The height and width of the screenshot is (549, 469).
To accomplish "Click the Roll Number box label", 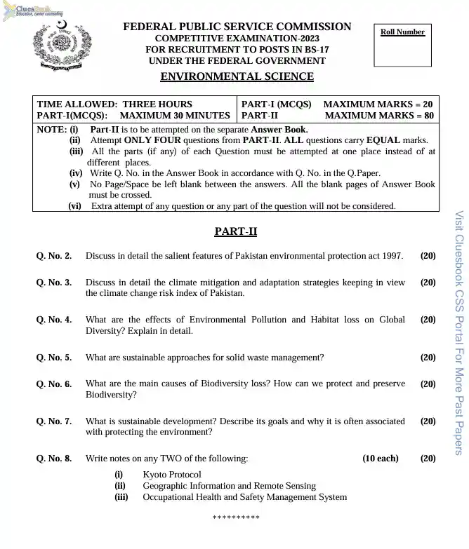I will click(x=402, y=32).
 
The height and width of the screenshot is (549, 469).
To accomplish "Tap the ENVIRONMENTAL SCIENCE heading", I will click(x=237, y=77).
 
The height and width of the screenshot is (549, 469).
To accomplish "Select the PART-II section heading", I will click(x=236, y=231).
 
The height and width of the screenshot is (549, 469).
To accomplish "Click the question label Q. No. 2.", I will click(x=53, y=256).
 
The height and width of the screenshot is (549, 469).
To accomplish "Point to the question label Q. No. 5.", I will click(x=53, y=358).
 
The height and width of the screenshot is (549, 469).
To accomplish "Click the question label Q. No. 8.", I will click(x=53, y=459).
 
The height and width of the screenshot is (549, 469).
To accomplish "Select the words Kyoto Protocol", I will click(x=171, y=475).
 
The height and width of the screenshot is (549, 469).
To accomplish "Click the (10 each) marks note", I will click(x=380, y=459).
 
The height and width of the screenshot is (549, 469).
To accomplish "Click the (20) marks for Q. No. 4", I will click(x=428, y=320).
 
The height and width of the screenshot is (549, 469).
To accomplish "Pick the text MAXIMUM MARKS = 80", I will click(x=379, y=115).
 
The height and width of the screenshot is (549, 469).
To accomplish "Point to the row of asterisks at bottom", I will click(x=236, y=517).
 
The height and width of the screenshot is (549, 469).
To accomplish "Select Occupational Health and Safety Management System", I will click(x=244, y=497).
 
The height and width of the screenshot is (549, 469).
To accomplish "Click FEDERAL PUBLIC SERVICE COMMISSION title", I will click(x=237, y=27).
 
